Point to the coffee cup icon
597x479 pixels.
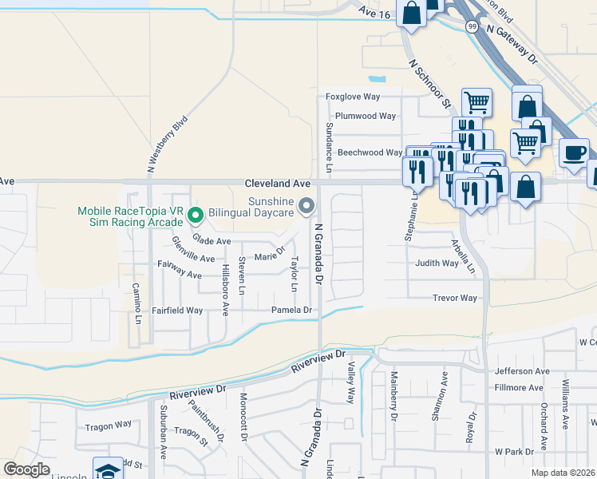[573, 152]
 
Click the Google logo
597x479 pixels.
[26, 469]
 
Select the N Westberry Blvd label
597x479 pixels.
[167, 144]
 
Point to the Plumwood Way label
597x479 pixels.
[366, 116]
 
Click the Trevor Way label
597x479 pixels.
[454, 298]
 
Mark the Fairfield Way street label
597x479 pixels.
[177, 310]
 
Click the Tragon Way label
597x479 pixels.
[109, 425]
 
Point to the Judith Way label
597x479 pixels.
[437, 263]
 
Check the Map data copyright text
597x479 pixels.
[563, 473]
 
